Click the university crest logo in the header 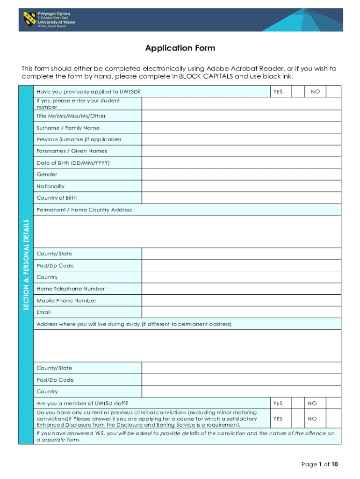click(x=30, y=19)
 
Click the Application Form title click(x=180, y=48)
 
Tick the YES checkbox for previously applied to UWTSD click(x=298, y=92)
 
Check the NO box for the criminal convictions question click(x=333, y=419)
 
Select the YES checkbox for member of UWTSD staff click(x=298, y=403)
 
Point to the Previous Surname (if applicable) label click(x=79, y=139)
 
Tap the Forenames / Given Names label click(x=72, y=151)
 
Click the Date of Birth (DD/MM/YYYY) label click(x=73, y=163)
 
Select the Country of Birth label click(x=57, y=198)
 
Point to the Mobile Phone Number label click(x=66, y=300)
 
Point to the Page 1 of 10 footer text click(x=319, y=464)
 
